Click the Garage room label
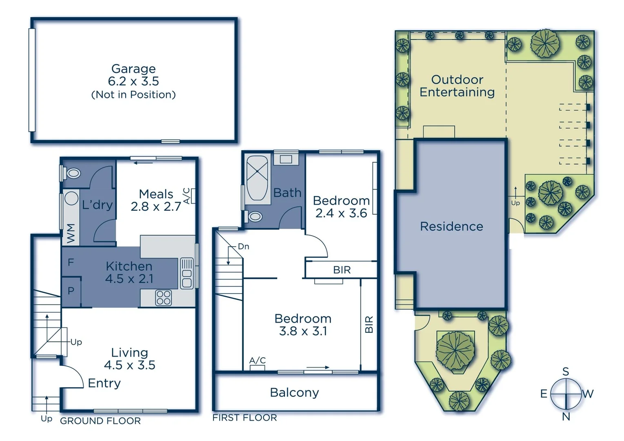coord(133,69)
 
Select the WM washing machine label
coord(71,233)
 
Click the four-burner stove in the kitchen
coord(163,298)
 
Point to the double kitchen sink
coord(187,273)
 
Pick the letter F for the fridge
coord(71,262)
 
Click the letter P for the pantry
coord(71,291)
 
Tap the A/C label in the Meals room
coord(187,196)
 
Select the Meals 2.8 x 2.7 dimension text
coord(156,207)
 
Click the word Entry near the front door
coord(104,383)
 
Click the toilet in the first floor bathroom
coord(255,216)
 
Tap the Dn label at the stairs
coord(243,247)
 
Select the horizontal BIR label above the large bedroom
coord(342,270)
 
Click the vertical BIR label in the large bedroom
coord(369,324)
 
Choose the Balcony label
coord(294,392)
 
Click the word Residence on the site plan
coord(451,226)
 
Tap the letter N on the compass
coord(566,417)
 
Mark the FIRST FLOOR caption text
coord(244,417)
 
